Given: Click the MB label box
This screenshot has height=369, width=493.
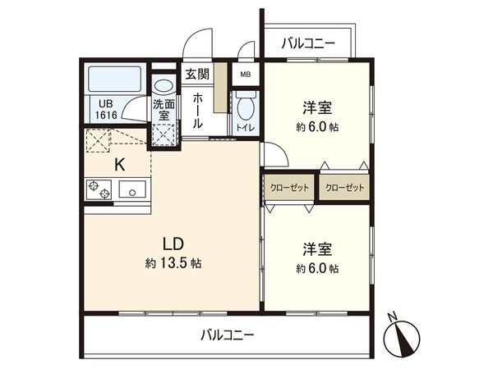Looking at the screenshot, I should [x=245, y=74].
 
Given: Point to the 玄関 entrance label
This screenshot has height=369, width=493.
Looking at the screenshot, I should [x=196, y=74].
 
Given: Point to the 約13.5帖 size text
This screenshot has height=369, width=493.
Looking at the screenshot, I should [x=173, y=264].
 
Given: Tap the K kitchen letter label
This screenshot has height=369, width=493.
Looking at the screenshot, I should [x=119, y=163].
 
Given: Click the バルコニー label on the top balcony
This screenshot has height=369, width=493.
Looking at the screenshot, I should [x=307, y=43].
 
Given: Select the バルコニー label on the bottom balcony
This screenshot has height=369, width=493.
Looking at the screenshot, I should [x=228, y=335].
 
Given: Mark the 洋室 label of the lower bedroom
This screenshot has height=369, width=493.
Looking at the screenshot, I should [x=316, y=248].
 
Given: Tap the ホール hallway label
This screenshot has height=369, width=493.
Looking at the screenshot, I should [x=198, y=110].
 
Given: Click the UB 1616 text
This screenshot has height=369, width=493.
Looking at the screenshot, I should [x=106, y=109].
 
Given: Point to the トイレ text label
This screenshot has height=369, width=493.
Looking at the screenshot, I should [x=244, y=129].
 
